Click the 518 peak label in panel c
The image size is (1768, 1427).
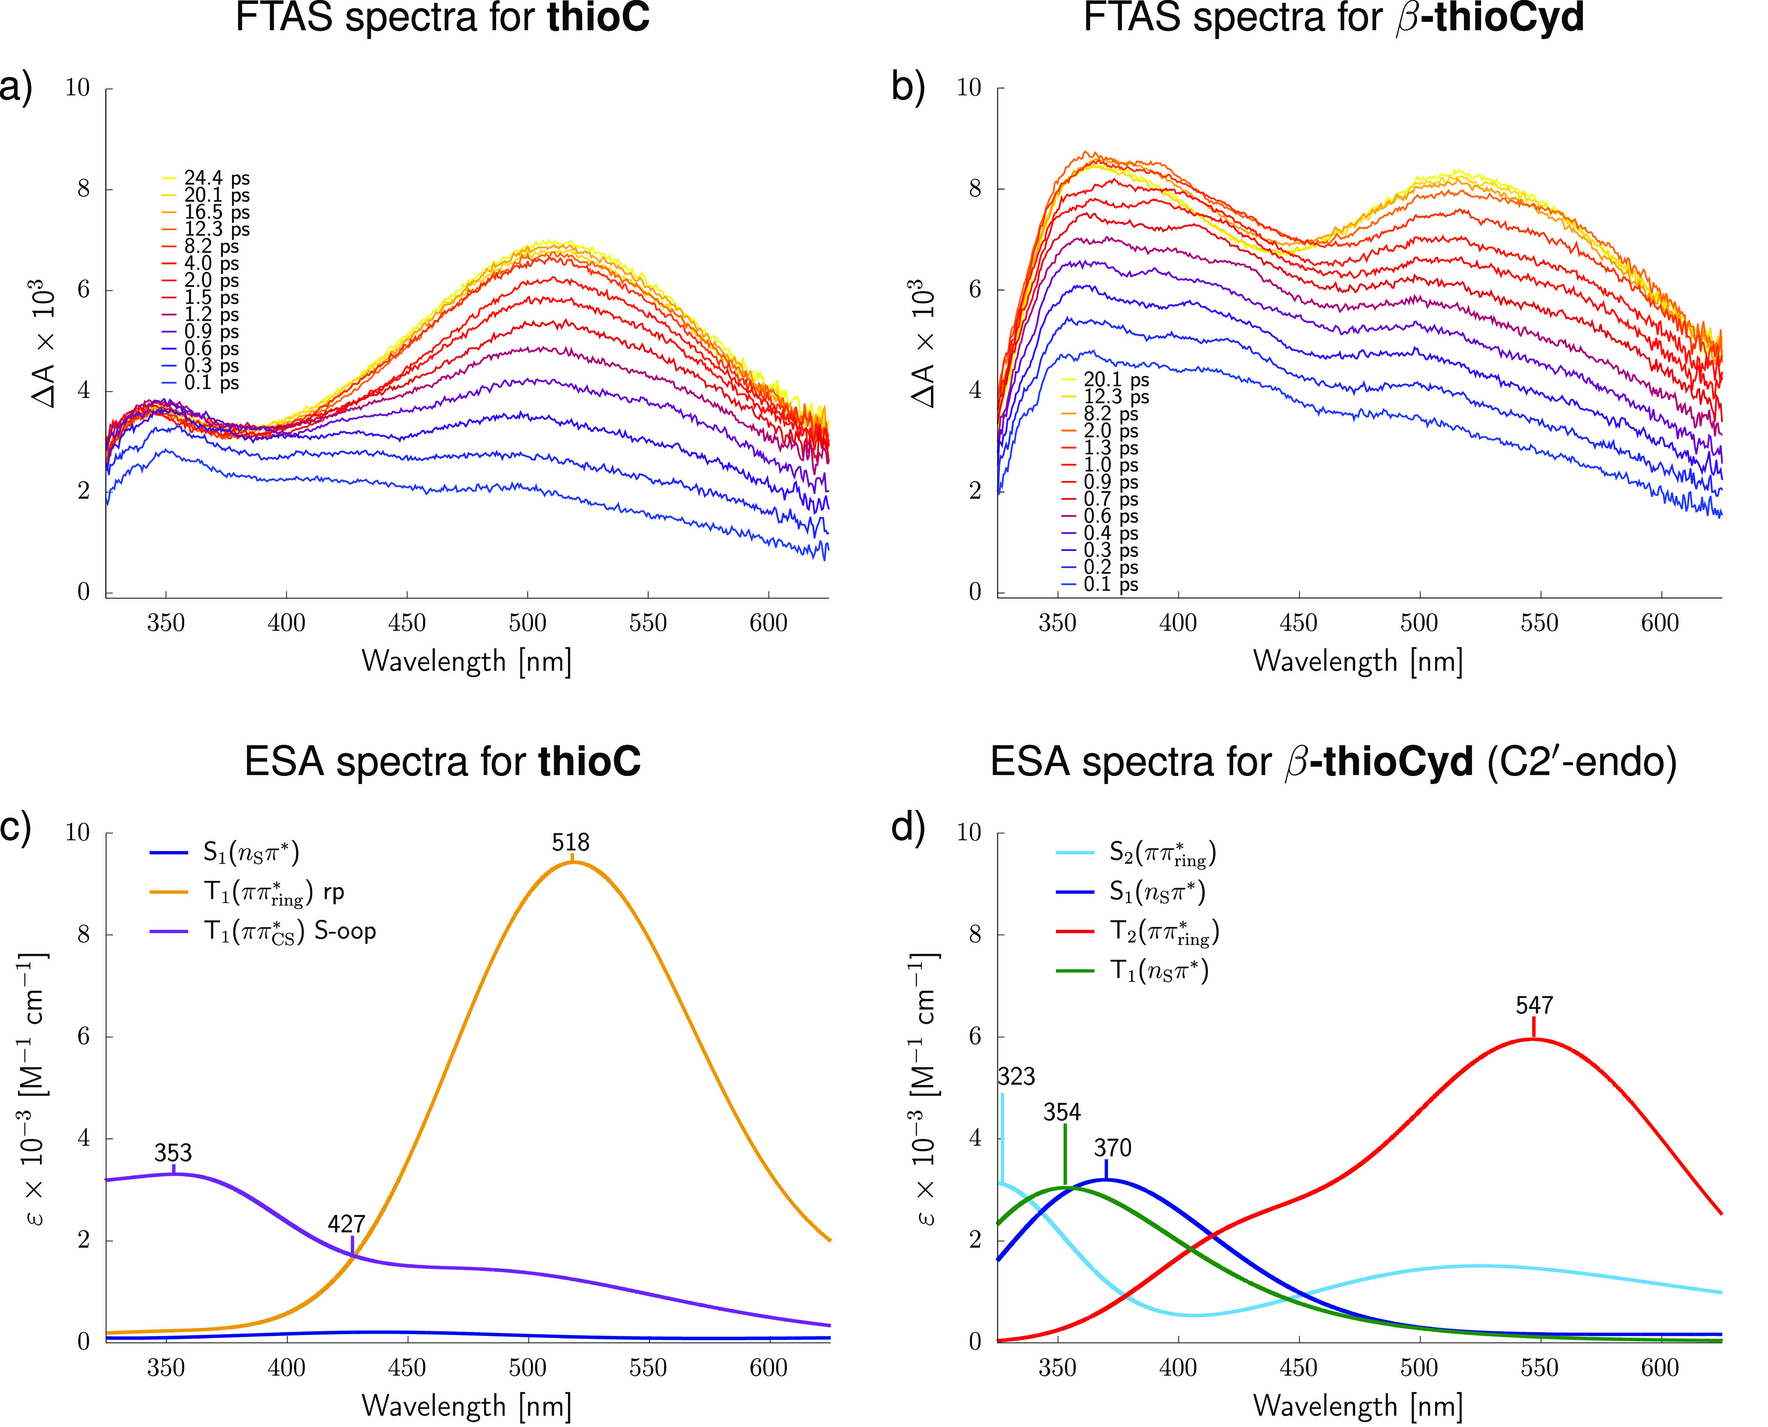point(571,843)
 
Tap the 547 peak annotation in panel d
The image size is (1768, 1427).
point(1534,1005)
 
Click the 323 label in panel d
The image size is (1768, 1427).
point(1016,1077)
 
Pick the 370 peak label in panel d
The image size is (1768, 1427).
point(1113,1148)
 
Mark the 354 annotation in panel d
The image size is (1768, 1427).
point(1062,1113)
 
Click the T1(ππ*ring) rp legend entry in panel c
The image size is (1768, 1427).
point(274,893)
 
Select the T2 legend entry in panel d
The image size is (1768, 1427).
point(1164,932)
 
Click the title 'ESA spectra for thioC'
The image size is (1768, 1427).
point(442,762)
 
